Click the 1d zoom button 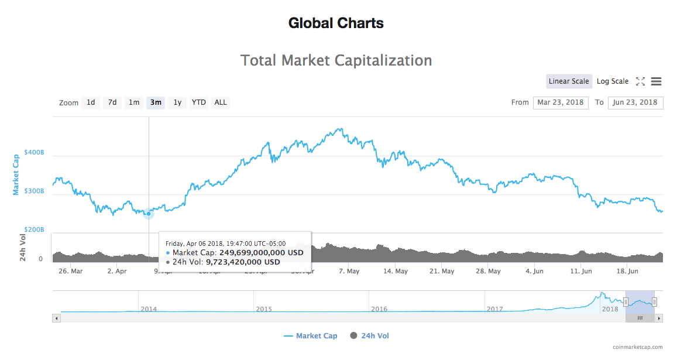tap(91, 102)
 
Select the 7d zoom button tap(112, 102)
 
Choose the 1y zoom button tap(177, 102)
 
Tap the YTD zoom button tap(199, 102)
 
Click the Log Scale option tap(613, 81)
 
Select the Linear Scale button tap(569, 81)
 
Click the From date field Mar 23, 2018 tap(561, 102)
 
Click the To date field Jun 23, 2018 tap(635, 102)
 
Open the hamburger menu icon tap(656, 81)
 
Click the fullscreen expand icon tap(640, 81)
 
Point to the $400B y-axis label tap(34, 152)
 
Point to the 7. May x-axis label tap(349, 272)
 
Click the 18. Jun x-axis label tap(628, 272)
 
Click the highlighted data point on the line tap(149, 214)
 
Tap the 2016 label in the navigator tap(379, 309)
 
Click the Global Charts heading tap(336, 23)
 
